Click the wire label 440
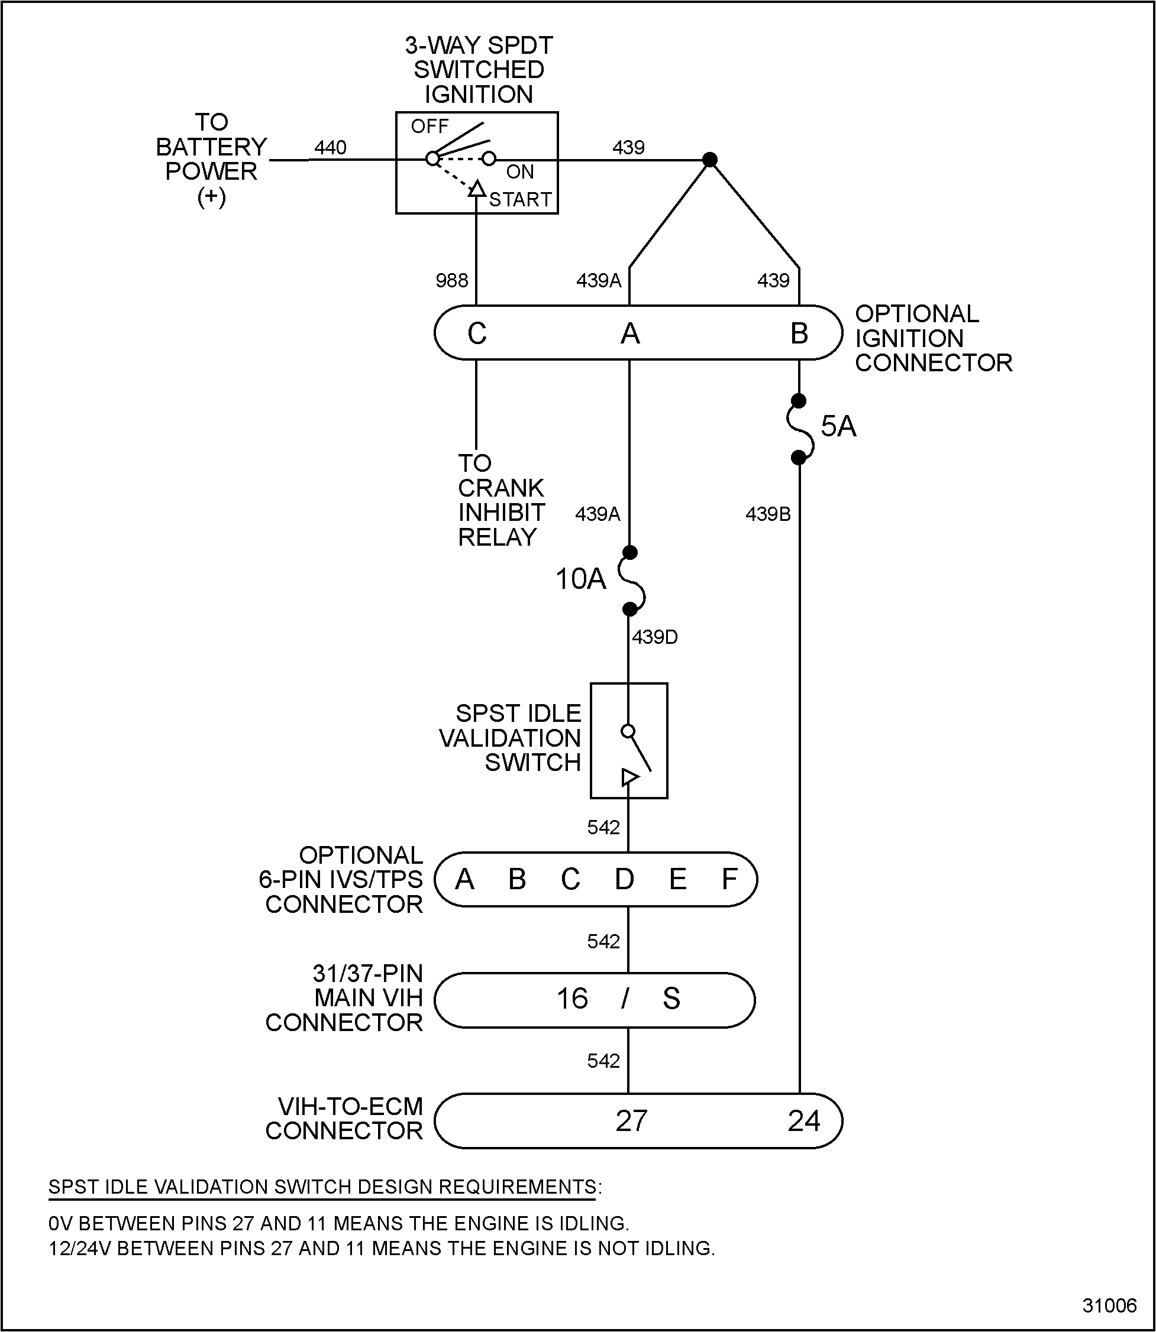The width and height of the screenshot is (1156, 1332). point(330,148)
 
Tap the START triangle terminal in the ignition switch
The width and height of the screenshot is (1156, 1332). point(477,189)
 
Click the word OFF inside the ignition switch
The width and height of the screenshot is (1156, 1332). point(430,127)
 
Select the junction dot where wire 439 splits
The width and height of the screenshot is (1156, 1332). point(709,159)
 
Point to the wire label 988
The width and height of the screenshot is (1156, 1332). point(451,280)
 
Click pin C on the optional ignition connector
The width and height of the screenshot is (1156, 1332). point(477,333)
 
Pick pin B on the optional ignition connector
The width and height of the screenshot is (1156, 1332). point(799,333)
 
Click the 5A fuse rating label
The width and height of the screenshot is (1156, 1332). point(838,426)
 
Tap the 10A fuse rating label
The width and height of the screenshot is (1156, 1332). point(580,579)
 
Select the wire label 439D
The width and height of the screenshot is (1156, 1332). point(655,637)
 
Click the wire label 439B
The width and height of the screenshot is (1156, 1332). point(768,514)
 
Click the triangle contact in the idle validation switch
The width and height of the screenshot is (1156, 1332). point(629,777)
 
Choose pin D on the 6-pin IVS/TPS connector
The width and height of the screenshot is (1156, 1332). point(624,879)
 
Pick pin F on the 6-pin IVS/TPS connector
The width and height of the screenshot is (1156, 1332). point(729,879)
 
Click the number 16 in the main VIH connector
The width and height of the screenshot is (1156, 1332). point(572,999)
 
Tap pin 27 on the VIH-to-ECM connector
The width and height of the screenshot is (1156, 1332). point(631,1121)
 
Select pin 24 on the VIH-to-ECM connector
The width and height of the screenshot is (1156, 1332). point(803,1121)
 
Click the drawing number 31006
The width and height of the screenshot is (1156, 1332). point(1109,1305)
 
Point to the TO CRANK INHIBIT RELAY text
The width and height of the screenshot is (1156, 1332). point(501,500)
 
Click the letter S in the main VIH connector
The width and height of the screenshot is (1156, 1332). point(671,999)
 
